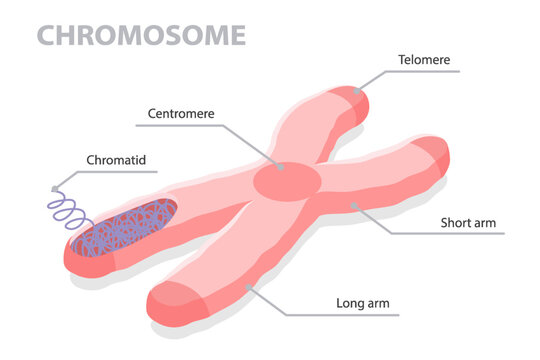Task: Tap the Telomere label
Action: click(x=424, y=60)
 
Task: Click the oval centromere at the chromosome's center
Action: click(x=286, y=181)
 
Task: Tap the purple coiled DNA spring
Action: click(x=70, y=209)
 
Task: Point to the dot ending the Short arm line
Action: click(x=353, y=205)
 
